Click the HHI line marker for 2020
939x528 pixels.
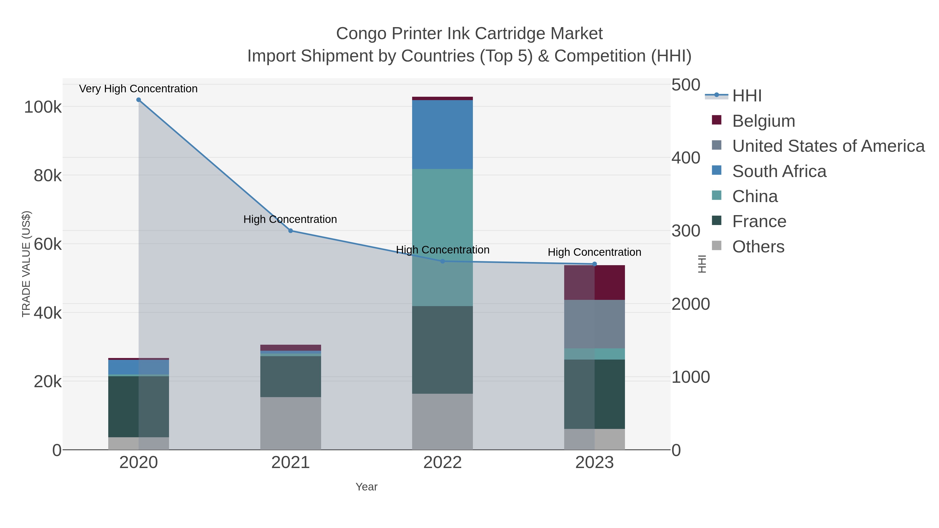139,100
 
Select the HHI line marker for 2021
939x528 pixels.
291,231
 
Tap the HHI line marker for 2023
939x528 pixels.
594,264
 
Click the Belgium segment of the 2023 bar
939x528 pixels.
594,282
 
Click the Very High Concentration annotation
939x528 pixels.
138,89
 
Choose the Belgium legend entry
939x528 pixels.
763,121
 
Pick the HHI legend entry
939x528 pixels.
747,96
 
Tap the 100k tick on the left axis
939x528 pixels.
43,107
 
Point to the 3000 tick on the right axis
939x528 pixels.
686,231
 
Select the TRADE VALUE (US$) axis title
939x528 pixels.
26,264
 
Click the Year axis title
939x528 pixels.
366,487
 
